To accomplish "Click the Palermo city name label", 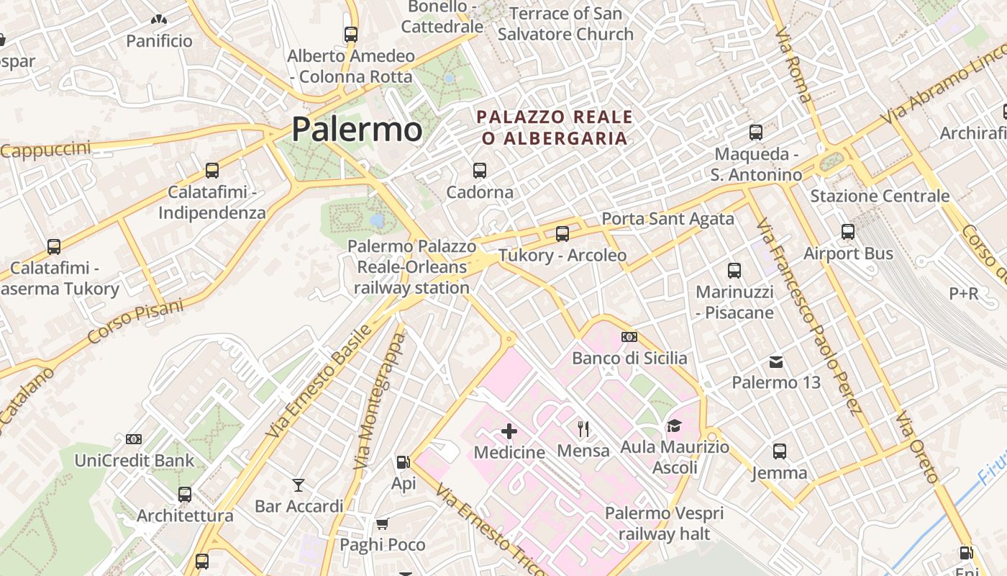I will coord(357,130).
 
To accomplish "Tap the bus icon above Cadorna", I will coord(480,171).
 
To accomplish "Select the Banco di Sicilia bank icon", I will coord(629,337).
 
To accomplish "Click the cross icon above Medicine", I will coord(509,431).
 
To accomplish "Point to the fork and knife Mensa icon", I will coord(583,429).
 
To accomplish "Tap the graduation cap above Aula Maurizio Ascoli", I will coord(675,426).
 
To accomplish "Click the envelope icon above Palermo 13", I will coord(776,361).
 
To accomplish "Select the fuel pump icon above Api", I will coord(404,462).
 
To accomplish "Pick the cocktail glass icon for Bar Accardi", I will coord(299,485).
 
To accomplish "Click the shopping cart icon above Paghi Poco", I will coord(383,523).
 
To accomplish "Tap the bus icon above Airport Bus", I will coord(848,232).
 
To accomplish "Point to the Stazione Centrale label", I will coord(880,196).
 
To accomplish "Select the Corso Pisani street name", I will coord(135,321).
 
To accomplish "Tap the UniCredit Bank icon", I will coord(134,438).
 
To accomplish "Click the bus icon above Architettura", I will coord(185,495).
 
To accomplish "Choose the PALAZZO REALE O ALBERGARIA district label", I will coord(555,127).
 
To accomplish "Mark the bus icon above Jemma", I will coord(780,451).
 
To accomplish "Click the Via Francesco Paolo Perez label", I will coord(809,317).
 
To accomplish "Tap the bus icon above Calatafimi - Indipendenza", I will coord(212,171).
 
